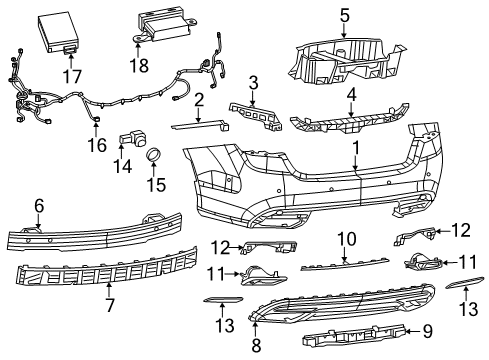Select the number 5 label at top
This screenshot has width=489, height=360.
[x=343, y=14]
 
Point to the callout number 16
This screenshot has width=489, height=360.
[x=97, y=146]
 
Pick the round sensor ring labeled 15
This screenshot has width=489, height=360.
[x=155, y=155]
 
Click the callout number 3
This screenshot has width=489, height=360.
[x=253, y=82]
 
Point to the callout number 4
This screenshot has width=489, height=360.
[x=350, y=96]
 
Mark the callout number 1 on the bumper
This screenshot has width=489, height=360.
[x=354, y=147]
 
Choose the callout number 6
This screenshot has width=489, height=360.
[x=39, y=205]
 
